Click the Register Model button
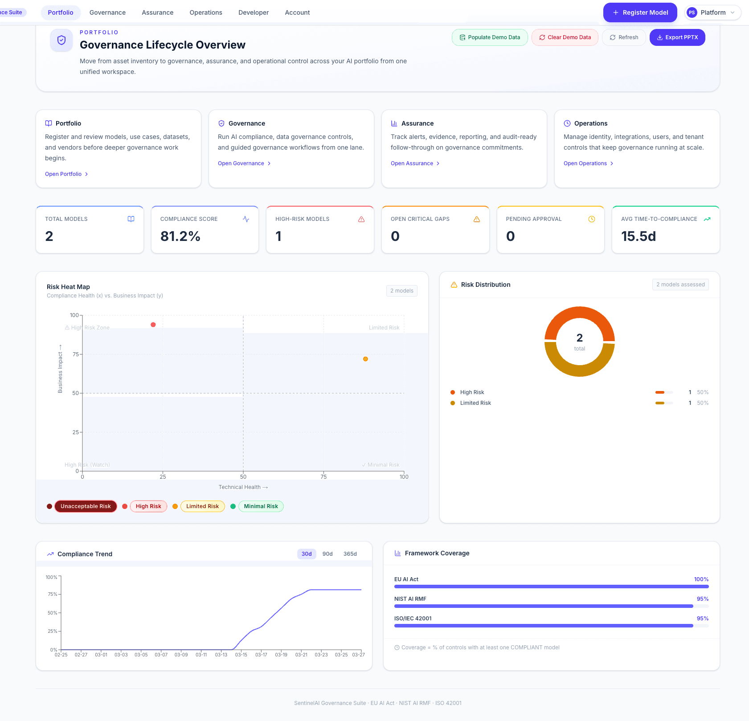click(640, 12)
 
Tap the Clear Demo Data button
click(565, 37)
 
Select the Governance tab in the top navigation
click(107, 12)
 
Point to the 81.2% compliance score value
click(180, 236)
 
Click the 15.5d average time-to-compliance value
click(638, 236)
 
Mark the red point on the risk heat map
click(153, 325)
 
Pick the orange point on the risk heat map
click(365, 359)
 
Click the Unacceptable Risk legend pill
click(86, 506)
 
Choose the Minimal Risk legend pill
click(261, 506)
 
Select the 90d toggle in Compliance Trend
click(327, 554)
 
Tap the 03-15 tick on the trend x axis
click(241, 655)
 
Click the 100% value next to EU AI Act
click(701, 579)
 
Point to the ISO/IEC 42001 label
click(413, 619)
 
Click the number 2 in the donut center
click(579, 338)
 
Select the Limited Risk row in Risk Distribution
click(475, 403)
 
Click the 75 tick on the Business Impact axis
click(76, 354)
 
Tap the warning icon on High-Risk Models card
click(361, 219)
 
